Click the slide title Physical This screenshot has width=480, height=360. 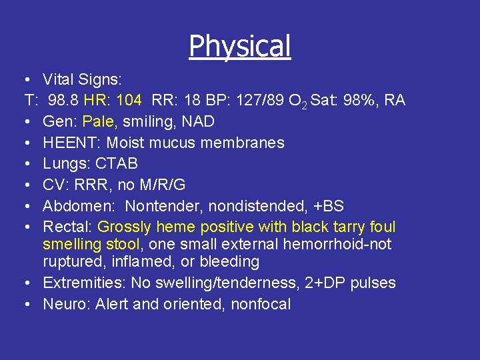click(240, 46)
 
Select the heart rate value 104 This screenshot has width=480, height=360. click(128, 101)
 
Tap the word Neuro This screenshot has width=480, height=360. click(65, 304)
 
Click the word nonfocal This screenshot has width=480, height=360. click(261, 304)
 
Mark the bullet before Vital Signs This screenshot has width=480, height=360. click(30, 80)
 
